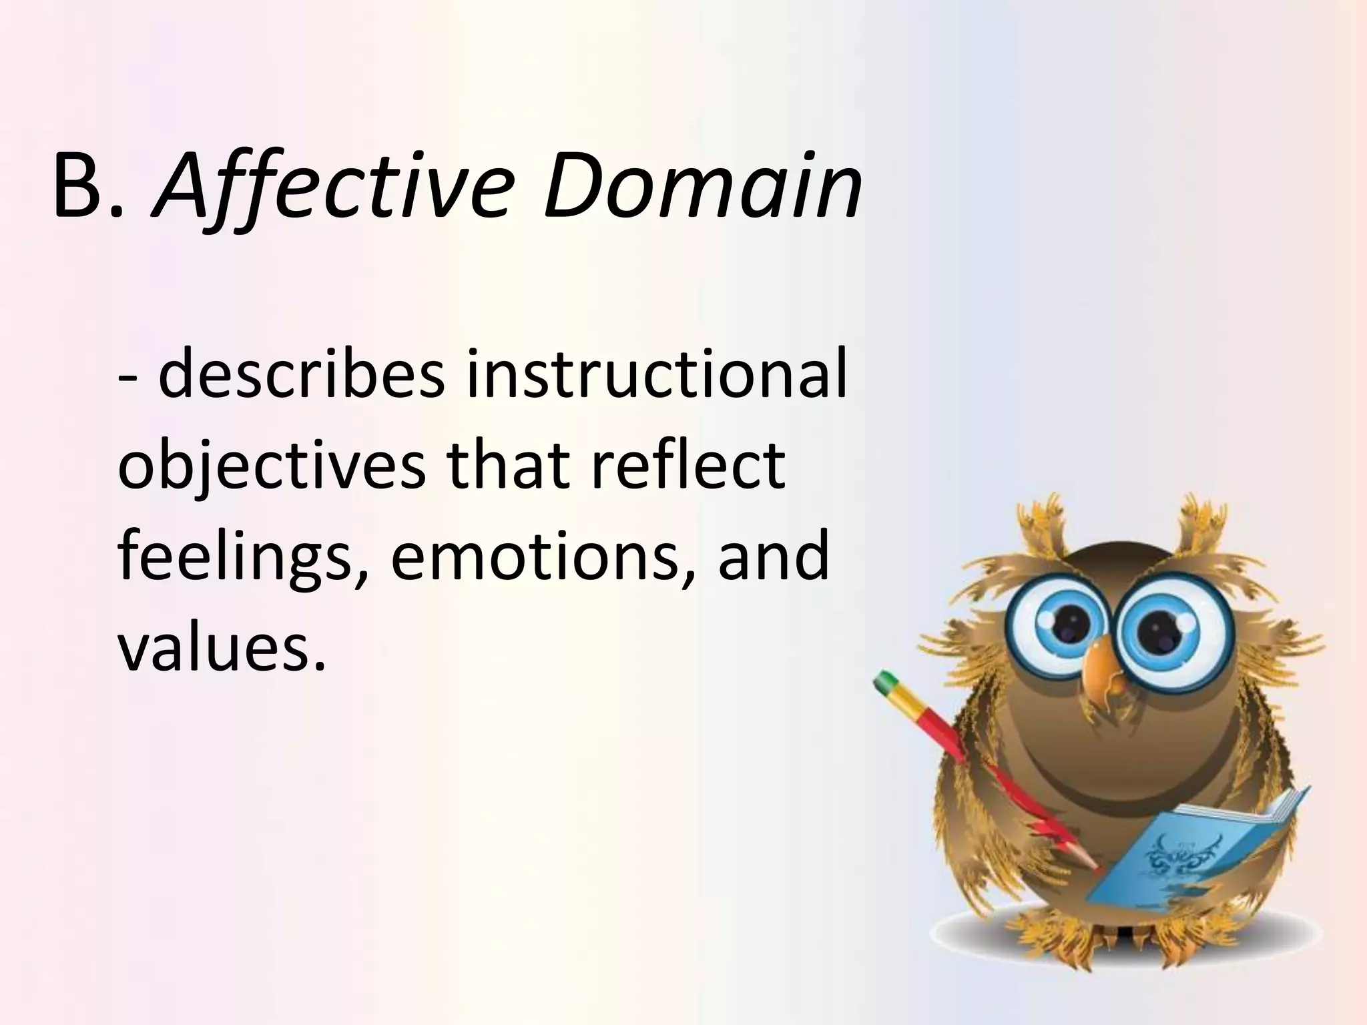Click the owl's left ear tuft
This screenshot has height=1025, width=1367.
(1041, 527)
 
